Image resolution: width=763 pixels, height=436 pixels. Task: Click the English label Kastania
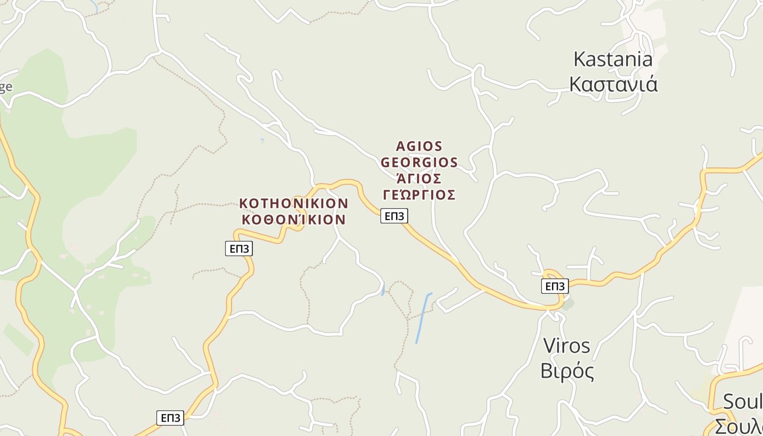613,59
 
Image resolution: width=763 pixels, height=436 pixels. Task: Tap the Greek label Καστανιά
613,84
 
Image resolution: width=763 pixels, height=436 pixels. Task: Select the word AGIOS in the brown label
419,147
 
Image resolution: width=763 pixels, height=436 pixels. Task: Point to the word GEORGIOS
419,162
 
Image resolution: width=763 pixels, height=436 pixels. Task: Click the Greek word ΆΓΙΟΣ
419,179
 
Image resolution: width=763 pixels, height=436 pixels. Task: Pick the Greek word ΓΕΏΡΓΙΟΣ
419,195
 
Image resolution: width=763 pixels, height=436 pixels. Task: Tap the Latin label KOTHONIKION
294,203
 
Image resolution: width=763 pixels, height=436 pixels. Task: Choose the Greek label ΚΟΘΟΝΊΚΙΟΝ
294,219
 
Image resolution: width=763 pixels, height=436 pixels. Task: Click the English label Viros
567,346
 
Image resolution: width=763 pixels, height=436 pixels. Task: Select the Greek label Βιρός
567,371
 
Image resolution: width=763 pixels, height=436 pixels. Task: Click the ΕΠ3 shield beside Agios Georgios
394,216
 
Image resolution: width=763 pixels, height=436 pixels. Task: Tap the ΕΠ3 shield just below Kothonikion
239,249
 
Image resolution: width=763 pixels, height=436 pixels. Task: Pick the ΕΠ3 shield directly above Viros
555,286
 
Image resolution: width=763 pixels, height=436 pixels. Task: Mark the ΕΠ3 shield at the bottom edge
170,418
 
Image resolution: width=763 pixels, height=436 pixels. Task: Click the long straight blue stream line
422,319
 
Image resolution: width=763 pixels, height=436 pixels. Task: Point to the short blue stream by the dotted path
383,289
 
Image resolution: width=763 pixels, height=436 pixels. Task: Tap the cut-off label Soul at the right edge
742,402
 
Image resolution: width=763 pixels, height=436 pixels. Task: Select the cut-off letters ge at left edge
5,87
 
